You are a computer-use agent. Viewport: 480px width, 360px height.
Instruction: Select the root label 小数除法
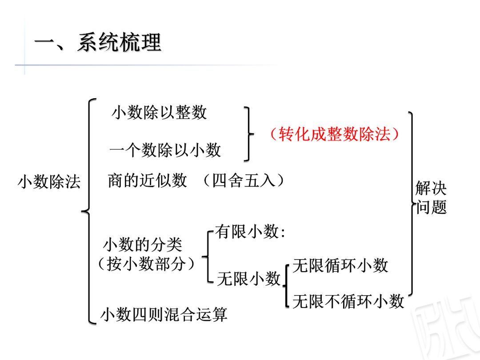tap(49, 181)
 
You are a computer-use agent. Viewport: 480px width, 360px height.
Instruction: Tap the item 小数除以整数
tap(159, 112)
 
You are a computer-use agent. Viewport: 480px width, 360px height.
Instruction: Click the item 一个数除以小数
tap(165, 150)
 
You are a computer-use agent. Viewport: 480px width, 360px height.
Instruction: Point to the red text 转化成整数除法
tap(334, 133)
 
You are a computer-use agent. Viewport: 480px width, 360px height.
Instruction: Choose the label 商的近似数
tap(147, 180)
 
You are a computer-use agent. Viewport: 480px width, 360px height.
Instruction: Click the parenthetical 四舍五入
tap(243, 180)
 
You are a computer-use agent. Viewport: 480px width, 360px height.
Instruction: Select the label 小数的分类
tap(143, 245)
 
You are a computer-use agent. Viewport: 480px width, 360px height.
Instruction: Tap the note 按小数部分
tap(146, 264)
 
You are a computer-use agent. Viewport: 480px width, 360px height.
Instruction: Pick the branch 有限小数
tap(250, 232)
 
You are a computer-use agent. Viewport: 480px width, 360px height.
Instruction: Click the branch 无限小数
tap(249, 279)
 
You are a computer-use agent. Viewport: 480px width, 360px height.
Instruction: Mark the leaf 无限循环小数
tap(340, 265)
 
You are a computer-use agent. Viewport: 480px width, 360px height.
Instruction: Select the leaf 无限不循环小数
tap(348, 301)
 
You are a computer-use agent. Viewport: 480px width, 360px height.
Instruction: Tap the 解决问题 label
tap(431, 198)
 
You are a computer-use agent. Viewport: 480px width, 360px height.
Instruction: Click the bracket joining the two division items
tap(248, 133)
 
